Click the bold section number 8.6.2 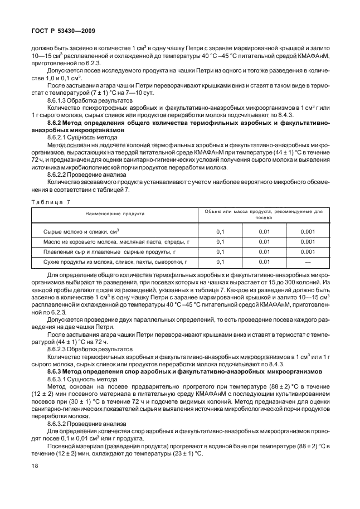click(x=57, y=121)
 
